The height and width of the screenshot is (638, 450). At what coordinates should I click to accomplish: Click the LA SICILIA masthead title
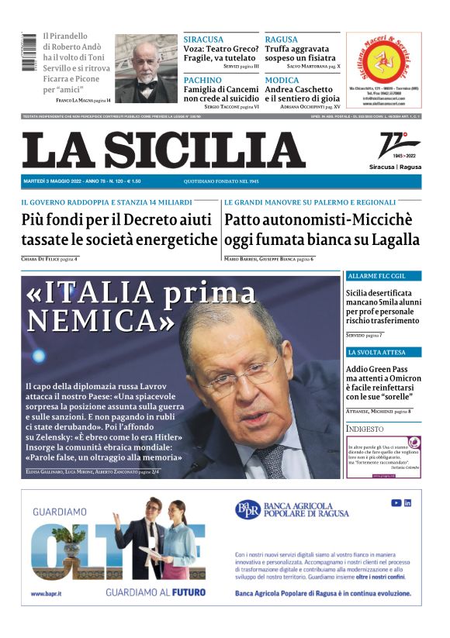point(164,150)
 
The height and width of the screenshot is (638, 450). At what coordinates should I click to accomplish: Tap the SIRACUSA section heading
point(203,39)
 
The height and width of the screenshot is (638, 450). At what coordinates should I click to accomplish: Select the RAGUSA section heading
point(282,39)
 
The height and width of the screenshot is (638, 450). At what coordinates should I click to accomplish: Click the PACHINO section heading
point(202,80)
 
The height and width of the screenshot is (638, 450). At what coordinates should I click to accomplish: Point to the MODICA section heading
point(282,80)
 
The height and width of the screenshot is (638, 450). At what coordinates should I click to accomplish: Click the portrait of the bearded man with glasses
point(146,69)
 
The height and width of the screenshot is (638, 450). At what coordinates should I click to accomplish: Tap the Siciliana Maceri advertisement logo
point(383,58)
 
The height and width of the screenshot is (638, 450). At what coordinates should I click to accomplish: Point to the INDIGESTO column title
point(365,429)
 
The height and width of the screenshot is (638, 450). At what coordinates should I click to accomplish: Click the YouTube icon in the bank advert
point(396,503)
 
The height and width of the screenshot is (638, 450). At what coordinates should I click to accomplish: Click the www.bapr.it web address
point(47,595)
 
